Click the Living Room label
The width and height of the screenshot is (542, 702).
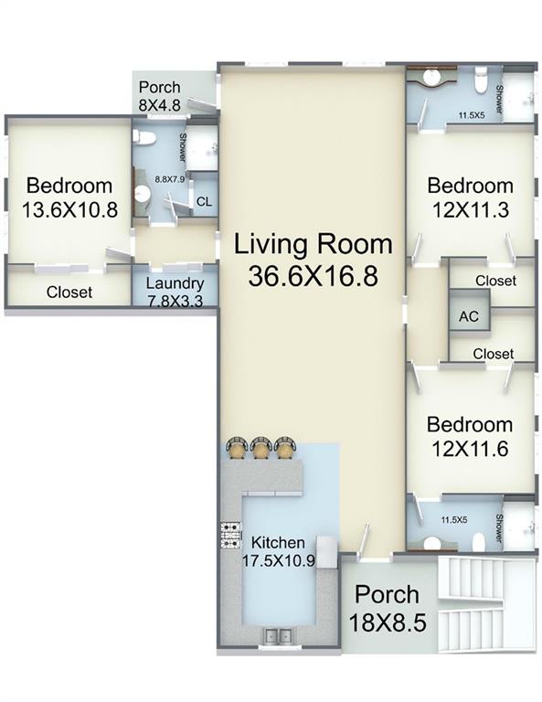point(314,244)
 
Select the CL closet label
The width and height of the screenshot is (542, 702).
point(204,202)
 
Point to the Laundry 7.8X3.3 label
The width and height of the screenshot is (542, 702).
point(175,292)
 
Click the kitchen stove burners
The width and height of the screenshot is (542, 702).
point(231,536)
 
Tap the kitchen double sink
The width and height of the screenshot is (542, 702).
point(279,635)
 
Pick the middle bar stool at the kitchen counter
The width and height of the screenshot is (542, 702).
point(260,448)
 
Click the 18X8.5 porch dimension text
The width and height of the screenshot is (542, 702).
point(388,622)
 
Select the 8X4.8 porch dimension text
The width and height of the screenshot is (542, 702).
point(159,105)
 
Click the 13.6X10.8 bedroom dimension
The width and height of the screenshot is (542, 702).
point(69,209)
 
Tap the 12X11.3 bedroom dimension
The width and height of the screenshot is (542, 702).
point(471,209)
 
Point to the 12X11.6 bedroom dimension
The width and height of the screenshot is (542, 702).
point(470,449)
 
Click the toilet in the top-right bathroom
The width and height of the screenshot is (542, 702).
point(480,80)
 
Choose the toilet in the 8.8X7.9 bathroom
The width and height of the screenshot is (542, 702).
point(144,138)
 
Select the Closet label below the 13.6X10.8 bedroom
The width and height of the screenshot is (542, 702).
point(69,292)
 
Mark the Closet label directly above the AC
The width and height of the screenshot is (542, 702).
point(496,281)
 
